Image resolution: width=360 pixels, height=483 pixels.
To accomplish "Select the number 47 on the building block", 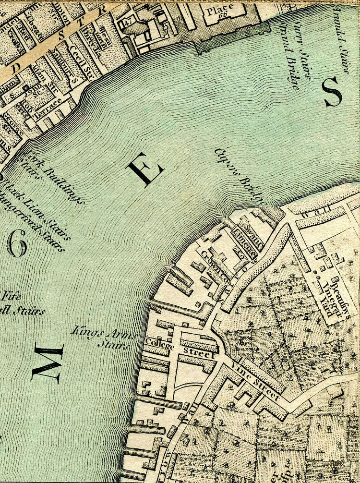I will tap(128, 21).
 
